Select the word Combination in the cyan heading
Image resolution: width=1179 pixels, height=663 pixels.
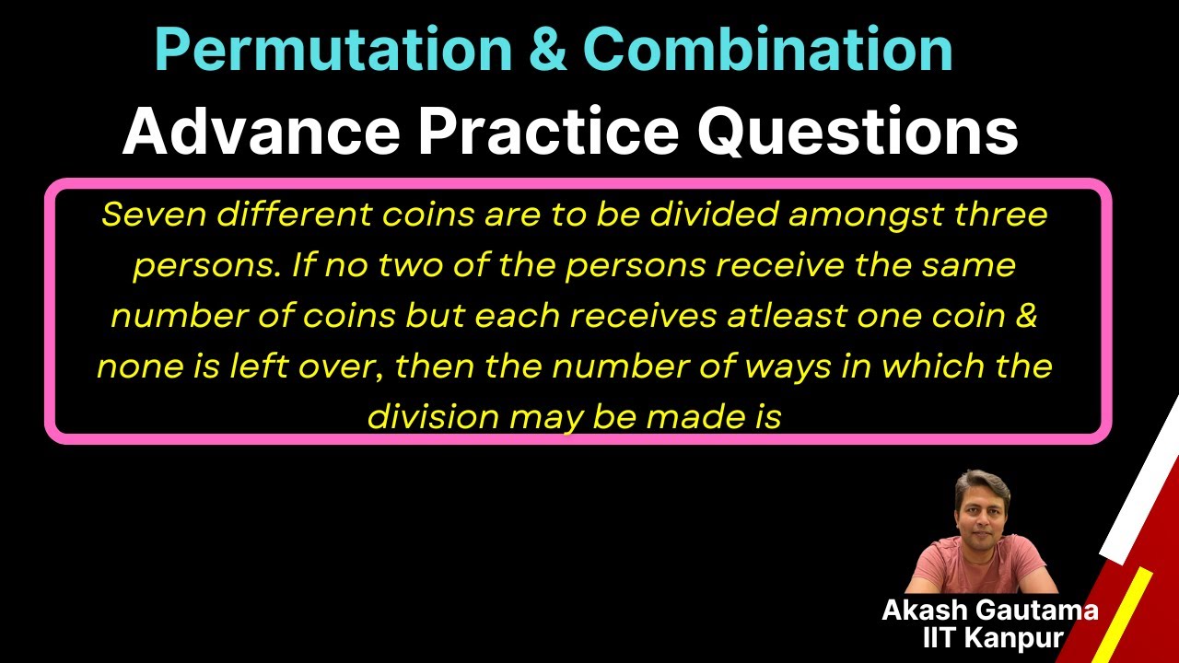point(767,50)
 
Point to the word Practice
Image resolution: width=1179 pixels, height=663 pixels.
point(548,131)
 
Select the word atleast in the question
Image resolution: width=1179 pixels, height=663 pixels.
point(779,316)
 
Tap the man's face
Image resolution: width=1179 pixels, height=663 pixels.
point(984,506)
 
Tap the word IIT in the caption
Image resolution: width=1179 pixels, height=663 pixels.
point(941,637)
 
